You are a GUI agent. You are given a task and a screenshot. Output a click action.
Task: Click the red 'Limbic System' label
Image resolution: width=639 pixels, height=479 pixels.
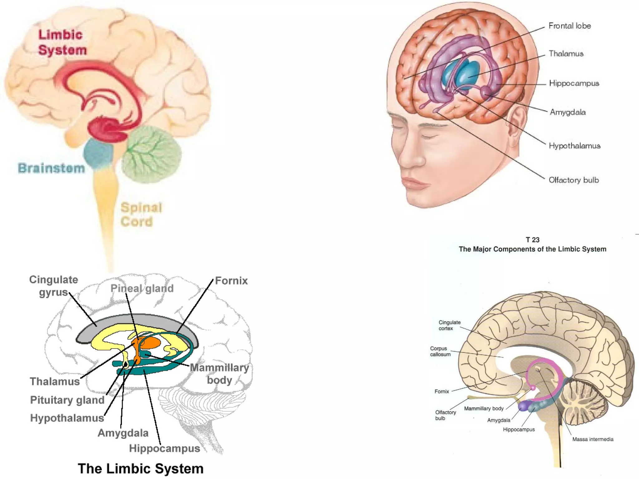point(62,42)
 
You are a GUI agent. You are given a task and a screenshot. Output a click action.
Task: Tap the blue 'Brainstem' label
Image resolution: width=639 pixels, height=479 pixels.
point(51,168)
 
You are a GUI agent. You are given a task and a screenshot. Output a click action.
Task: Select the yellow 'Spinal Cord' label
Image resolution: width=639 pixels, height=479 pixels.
point(141,215)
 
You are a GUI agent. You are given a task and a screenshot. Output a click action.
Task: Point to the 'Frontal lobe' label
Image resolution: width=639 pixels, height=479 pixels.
point(569,26)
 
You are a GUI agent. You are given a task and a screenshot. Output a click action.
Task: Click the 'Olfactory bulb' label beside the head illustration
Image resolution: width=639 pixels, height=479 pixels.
point(573,180)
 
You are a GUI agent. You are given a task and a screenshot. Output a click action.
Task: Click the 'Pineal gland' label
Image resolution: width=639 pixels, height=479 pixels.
point(142,288)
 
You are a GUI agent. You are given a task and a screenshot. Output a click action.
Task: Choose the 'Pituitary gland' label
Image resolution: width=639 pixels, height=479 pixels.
point(67,400)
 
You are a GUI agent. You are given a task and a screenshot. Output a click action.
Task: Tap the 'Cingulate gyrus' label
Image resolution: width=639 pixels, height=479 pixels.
point(53,286)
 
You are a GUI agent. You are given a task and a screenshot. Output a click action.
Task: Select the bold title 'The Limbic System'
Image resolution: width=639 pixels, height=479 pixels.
point(140,469)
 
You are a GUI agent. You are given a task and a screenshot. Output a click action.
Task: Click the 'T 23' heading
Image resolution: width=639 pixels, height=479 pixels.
point(532,240)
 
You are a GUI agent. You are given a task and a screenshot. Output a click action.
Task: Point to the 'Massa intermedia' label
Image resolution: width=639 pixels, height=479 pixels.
point(593,439)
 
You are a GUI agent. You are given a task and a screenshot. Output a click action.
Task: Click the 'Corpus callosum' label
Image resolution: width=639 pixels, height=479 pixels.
point(440,351)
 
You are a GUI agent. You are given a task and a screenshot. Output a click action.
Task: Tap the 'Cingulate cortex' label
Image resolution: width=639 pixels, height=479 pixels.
point(449,325)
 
